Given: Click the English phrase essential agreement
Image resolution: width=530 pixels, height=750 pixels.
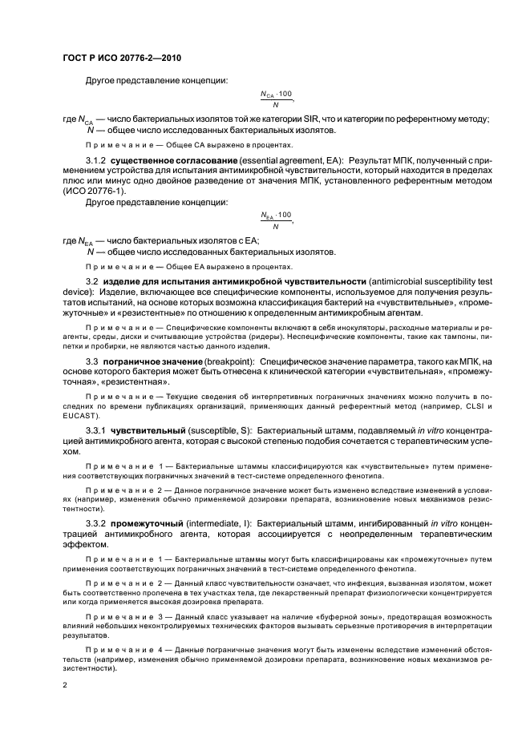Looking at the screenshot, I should pos(269,162).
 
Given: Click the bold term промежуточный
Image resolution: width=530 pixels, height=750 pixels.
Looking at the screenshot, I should pos(152,520).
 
